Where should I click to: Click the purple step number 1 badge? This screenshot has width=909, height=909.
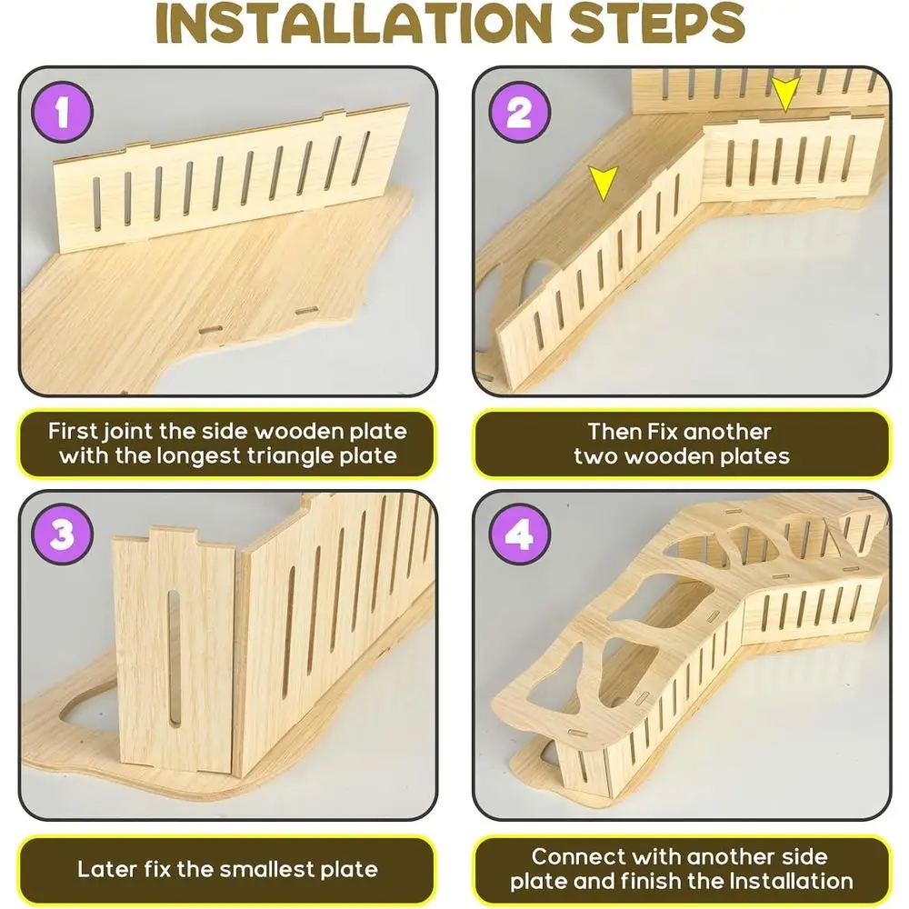[63, 112]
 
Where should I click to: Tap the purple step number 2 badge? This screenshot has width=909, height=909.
[519, 112]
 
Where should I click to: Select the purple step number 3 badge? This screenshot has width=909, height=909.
[63, 534]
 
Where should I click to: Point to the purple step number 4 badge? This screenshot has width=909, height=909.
[519, 534]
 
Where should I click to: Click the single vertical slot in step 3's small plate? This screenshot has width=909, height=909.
[174, 658]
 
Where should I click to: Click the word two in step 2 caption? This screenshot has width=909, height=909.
[595, 457]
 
